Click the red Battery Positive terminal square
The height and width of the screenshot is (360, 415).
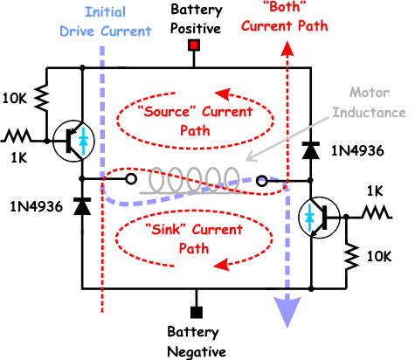[194, 45]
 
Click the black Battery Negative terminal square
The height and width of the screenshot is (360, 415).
[197, 312]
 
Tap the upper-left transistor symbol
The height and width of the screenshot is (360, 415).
[73, 141]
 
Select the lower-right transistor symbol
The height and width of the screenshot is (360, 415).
[319, 218]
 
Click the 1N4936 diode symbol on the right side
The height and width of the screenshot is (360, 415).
[310, 150]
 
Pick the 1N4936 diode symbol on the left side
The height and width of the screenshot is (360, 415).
[82, 206]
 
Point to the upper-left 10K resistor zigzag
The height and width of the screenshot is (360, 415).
[43, 98]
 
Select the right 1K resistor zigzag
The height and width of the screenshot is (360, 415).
[376, 211]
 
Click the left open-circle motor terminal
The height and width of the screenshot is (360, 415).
[131, 179]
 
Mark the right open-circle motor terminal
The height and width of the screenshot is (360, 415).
[261, 181]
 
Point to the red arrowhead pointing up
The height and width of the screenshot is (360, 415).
[287, 49]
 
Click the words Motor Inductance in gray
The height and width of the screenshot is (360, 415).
[370, 102]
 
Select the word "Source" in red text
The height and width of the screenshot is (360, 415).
[166, 111]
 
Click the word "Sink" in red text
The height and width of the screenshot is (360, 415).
[167, 230]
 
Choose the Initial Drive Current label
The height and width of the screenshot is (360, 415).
[106, 22]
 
